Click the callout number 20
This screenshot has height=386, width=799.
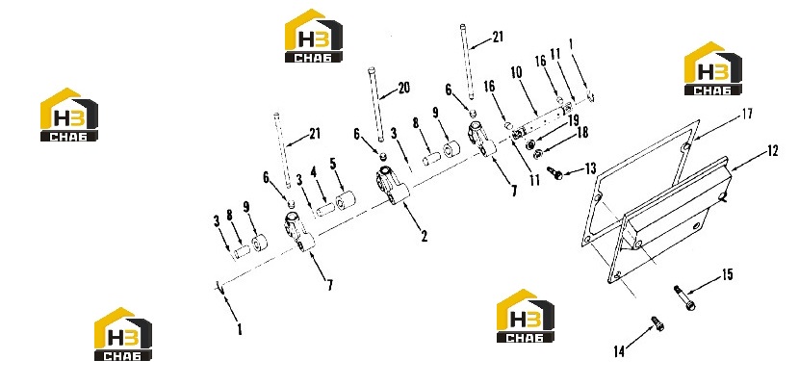point(403,89)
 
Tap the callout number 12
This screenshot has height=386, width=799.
point(772,151)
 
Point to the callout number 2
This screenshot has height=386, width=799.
point(424,235)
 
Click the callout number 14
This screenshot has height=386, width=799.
point(619,351)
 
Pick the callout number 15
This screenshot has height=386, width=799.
point(727,275)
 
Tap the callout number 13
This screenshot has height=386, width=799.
point(590,168)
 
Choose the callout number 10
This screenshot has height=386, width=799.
point(516,73)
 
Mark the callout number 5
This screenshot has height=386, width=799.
point(333,164)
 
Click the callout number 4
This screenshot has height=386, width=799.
point(314,172)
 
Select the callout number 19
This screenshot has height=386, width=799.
point(574,120)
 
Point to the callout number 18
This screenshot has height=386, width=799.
point(582,133)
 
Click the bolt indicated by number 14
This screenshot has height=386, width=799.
point(657,323)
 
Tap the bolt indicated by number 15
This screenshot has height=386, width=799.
point(683,297)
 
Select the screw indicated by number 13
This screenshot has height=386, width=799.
point(554,173)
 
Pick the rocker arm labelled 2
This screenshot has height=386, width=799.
point(393,186)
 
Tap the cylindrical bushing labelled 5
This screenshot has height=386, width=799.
point(345,199)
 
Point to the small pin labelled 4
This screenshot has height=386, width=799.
point(325,210)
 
